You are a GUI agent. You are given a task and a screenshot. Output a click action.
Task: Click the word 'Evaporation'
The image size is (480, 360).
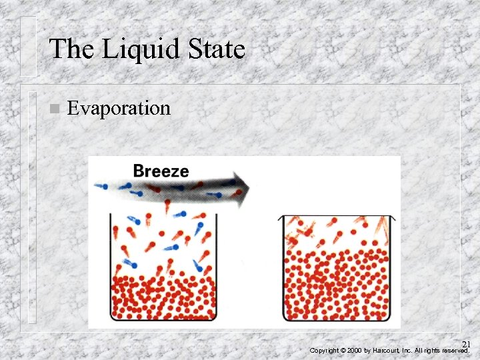coord(119,108)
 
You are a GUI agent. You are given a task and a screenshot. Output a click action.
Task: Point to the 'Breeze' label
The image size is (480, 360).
coord(161,170)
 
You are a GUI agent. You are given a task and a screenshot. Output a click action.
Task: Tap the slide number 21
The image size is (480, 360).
coord(466,344)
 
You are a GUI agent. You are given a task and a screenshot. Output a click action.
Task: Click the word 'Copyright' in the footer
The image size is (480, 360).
coord(324,350)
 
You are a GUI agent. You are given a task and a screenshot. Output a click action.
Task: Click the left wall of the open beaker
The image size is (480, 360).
coord(109,267)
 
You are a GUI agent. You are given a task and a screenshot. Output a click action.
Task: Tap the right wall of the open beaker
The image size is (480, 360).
coord(217,267)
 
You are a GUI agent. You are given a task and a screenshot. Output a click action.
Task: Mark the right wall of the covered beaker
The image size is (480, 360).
coord(392,267)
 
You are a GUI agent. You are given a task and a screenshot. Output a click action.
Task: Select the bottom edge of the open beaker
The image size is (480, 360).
coord(163,321)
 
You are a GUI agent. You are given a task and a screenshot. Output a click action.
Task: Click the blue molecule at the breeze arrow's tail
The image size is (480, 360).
coord(101,186)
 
